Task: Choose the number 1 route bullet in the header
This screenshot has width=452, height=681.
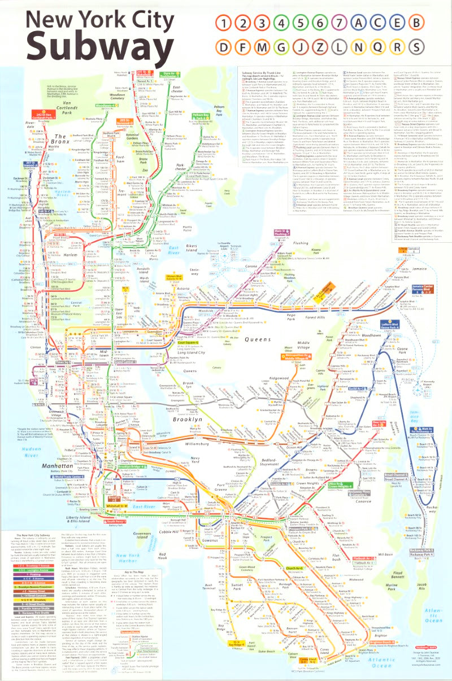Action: (x=223, y=24)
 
